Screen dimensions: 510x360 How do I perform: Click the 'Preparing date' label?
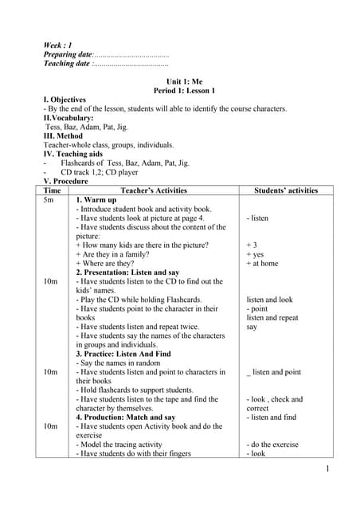[x=68, y=54]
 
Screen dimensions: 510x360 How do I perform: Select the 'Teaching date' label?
[x=67, y=64]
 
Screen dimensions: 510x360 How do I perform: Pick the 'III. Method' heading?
[x=65, y=135]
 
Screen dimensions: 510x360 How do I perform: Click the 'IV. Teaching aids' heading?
[x=75, y=154]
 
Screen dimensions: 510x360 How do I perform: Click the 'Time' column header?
[x=52, y=190]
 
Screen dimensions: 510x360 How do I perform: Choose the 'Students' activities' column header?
[x=285, y=190]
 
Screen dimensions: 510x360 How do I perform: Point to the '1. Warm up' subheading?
[x=96, y=200]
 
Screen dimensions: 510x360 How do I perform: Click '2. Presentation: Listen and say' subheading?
[x=127, y=273]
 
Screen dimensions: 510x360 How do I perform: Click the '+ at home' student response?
[x=262, y=263]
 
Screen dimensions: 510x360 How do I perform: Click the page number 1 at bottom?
[x=327, y=469]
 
